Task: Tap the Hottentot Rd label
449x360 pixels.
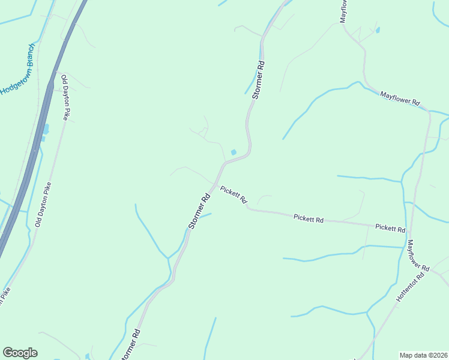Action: (x=411, y=287)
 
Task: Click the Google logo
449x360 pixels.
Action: (x=20, y=353)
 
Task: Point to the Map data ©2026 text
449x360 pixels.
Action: (x=423, y=355)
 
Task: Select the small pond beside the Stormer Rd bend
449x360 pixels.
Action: (x=234, y=152)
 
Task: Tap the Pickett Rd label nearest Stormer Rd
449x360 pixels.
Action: (x=234, y=196)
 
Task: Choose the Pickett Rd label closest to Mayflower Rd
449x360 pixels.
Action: (x=390, y=229)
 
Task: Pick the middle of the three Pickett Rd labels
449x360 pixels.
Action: (x=309, y=219)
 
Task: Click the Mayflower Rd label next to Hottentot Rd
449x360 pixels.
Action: (x=418, y=256)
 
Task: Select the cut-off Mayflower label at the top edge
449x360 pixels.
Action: (x=344, y=11)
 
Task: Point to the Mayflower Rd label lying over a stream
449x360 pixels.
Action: (x=399, y=98)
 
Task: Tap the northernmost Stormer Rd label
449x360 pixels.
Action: (x=259, y=79)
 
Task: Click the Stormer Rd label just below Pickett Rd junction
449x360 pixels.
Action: (x=199, y=210)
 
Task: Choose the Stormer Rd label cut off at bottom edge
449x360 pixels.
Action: (x=131, y=346)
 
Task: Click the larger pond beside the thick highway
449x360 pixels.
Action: (x=46, y=128)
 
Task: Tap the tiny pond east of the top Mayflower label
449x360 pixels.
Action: (x=377, y=29)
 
